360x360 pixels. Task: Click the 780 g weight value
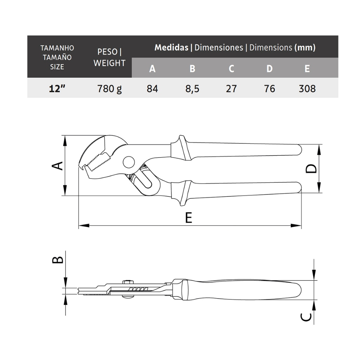click(x=110, y=89)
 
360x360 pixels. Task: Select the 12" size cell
click(x=57, y=89)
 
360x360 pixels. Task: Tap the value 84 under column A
click(x=153, y=89)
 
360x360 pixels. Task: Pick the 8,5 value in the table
click(x=192, y=89)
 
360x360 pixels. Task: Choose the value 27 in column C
click(x=231, y=89)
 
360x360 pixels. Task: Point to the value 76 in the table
click(x=270, y=89)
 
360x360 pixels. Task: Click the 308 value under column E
click(x=307, y=89)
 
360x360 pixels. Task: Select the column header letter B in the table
click(x=192, y=69)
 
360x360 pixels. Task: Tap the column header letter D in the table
click(x=270, y=69)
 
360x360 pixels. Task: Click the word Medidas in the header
click(x=172, y=47)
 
